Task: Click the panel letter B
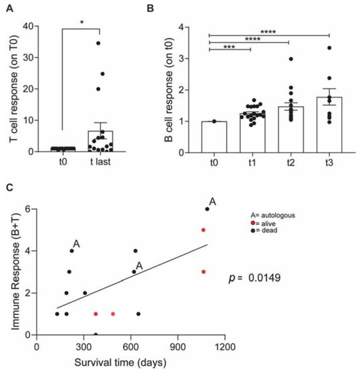[x=163, y=8]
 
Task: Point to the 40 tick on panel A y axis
[x=31, y=26]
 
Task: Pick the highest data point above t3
[x=329, y=48]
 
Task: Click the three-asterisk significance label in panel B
[x=230, y=46]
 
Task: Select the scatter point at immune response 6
[x=207, y=209]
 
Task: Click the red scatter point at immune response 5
[x=203, y=230]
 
